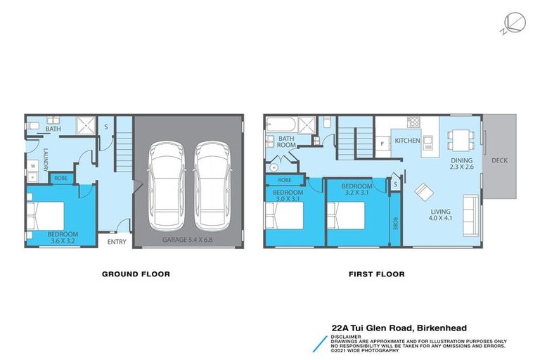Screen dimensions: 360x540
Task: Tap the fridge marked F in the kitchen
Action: click(x=381, y=144)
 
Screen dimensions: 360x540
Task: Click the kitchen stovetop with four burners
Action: click(x=414, y=123)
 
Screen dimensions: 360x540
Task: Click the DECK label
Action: click(x=499, y=160)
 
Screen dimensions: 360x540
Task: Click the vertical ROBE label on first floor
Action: click(x=395, y=223)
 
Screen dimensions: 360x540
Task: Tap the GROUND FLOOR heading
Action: click(x=136, y=274)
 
